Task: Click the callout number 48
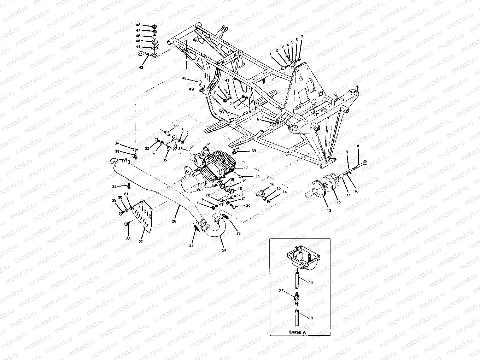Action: (x=138, y=25)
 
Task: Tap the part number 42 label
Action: (x=184, y=78)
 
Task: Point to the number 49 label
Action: (x=191, y=89)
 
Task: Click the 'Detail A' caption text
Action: (x=298, y=332)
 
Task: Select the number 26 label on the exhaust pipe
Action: (x=174, y=221)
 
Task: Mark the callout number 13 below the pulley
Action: (x=329, y=210)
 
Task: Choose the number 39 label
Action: (x=253, y=151)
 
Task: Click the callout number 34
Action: (x=117, y=143)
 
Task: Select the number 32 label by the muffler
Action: (x=114, y=187)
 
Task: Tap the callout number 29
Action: (x=114, y=200)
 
